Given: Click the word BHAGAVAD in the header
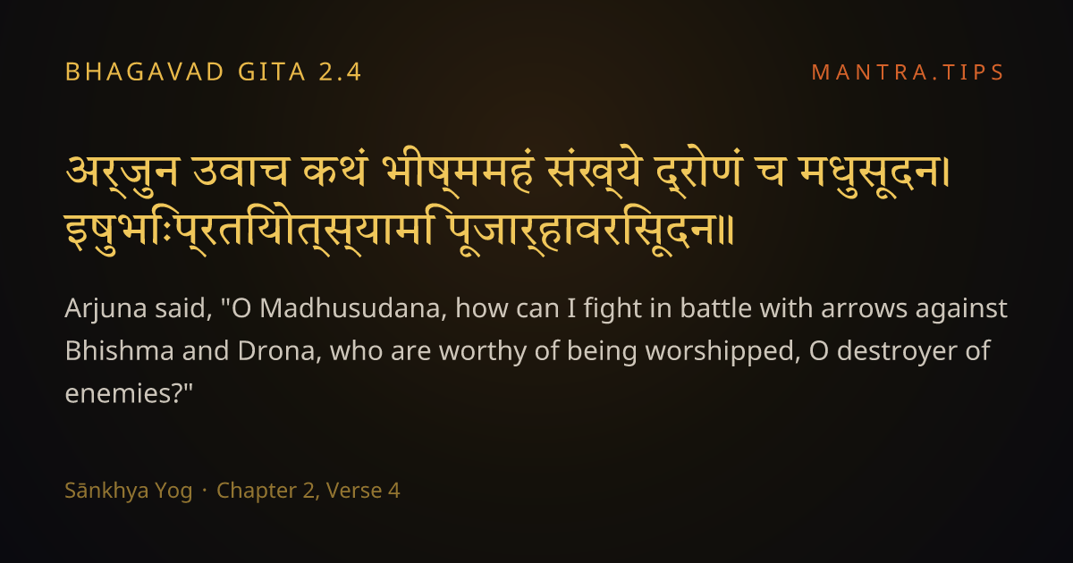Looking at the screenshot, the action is tap(145, 72).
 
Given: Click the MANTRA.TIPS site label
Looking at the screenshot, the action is tap(908, 72).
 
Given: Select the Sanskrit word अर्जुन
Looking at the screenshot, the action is tap(123, 173).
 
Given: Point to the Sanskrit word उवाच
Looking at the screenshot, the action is tap(241, 172).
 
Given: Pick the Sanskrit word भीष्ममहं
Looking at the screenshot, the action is tap(458, 172).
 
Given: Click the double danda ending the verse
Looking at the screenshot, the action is tap(727, 231).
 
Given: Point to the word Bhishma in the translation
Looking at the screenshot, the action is tap(119, 350).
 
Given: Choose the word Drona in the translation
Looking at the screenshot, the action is tap(276, 351).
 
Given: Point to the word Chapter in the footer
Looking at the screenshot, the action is tap(258, 492).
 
